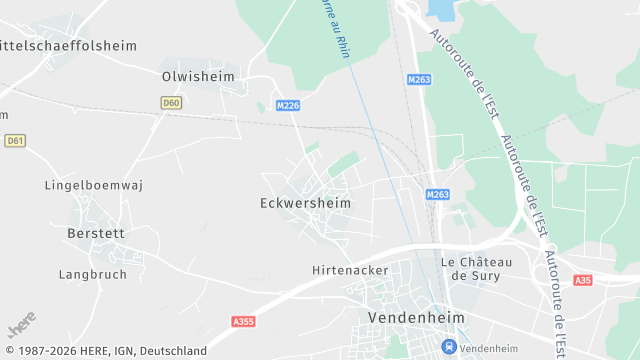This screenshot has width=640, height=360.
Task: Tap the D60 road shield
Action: tap(171, 102)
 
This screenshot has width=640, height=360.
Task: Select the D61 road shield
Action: tap(14, 141)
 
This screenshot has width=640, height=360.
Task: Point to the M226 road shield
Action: tap(288, 105)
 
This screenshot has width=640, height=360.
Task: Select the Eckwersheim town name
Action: tap(305, 202)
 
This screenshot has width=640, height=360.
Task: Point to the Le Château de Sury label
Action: tap(476, 268)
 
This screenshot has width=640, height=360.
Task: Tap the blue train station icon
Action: tap(450, 347)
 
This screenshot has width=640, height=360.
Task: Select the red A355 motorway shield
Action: tap(242, 321)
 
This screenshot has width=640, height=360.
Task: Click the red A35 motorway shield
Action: tap(583, 281)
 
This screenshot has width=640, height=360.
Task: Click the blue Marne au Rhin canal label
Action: tap(336, 28)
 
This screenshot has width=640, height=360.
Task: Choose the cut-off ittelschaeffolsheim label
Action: tap(68, 45)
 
